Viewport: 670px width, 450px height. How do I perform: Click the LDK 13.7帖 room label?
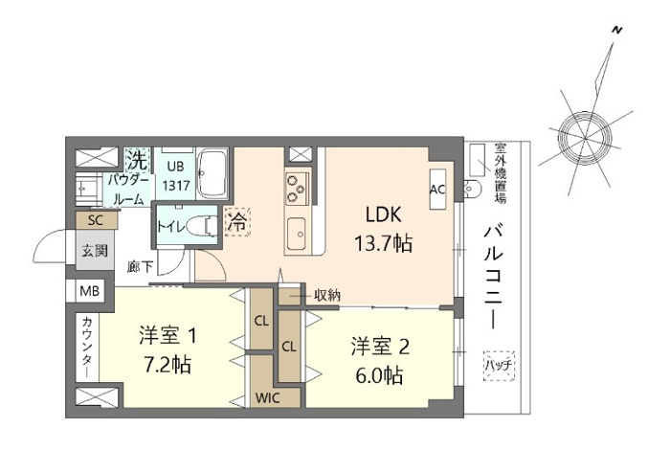pos(387,229)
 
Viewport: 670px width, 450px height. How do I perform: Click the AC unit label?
pos(437,190)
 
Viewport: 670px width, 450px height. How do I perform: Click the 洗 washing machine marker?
pos(138,156)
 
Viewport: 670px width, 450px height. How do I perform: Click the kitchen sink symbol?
pos(297,232)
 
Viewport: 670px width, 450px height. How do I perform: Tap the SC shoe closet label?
pos(96,220)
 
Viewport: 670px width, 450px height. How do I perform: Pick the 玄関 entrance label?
pos(95,250)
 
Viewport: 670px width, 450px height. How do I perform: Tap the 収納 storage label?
pos(326,295)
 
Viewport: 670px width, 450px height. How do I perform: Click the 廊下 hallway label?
pos(140,267)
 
